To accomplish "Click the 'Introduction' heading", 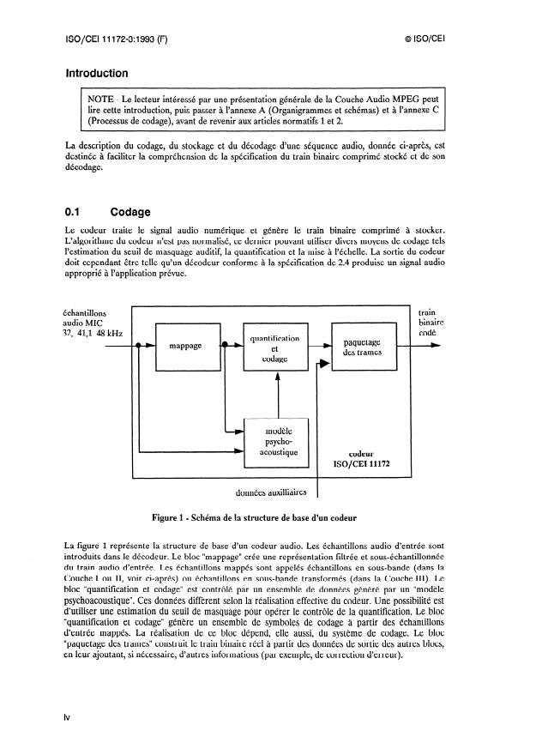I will (x=96, y=74).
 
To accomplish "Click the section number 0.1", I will (x=75, y=211).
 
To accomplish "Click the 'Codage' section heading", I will (x=131, y=211).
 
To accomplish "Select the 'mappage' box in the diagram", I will (x=185, y=347).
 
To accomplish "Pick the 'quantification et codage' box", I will (x=276, y=348).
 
